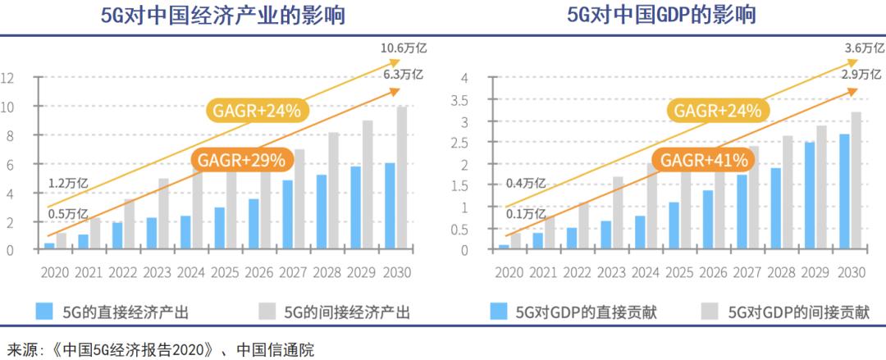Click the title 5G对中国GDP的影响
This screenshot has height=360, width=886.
[660, 16]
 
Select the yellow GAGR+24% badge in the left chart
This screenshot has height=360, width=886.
[257, 110]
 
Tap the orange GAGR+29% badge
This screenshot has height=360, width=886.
[238, 159]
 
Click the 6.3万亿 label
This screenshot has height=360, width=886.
[402, 74]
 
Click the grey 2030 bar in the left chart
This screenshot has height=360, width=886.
[402, 178]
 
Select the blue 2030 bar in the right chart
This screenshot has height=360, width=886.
[845, 192]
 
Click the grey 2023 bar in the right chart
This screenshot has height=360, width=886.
[617, 213]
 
